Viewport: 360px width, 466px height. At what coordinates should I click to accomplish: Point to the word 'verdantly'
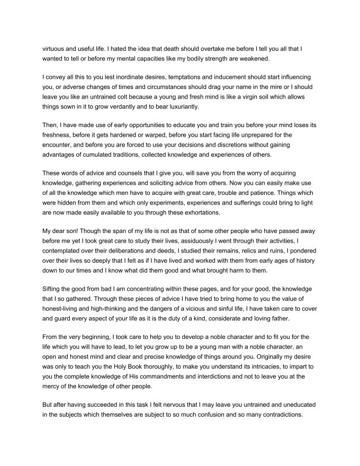(x=142, y=106)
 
